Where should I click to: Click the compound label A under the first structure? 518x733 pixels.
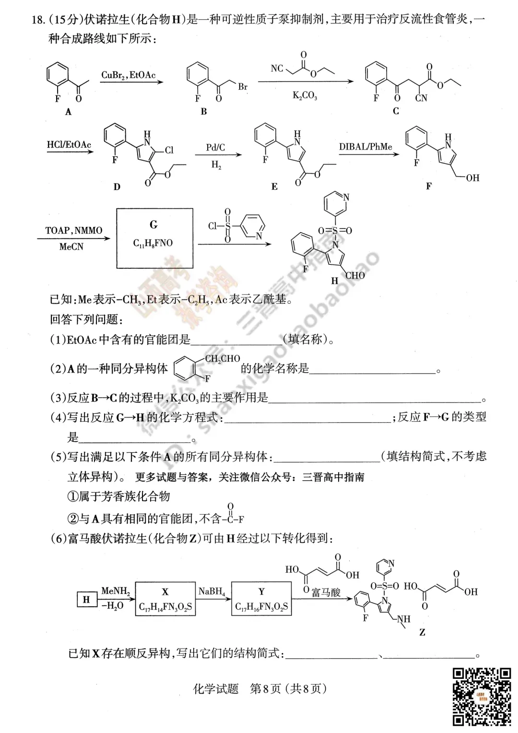tap(68, 112)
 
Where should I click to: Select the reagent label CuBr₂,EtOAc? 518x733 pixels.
tap(128, 75)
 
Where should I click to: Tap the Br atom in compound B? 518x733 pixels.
tap(243, 87)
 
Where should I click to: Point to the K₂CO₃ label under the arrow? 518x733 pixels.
tap(305, 95)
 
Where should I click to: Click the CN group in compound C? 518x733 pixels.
tap(421, 98)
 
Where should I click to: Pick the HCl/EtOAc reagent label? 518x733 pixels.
tap(69, 145)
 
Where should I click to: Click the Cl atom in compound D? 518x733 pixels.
tap(169, 150)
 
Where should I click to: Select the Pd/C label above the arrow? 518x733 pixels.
tap(215, 147)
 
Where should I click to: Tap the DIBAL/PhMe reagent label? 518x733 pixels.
tap(365, 147)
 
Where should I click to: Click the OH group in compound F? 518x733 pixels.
tap(472, 178)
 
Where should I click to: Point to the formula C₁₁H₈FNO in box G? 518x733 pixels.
tap(153, 243)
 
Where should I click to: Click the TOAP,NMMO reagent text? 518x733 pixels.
tap(74, 230)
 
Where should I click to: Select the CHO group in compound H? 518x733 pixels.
tap(355, 275)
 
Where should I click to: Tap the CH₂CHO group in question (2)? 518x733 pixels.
tap(223, 359)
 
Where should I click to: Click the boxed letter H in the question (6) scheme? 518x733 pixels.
tap(86, 600)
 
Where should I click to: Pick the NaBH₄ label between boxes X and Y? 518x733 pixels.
tap(212, 591)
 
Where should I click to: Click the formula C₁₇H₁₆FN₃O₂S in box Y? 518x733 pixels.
tap(261, 607)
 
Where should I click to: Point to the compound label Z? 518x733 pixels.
tap(422, 632)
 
